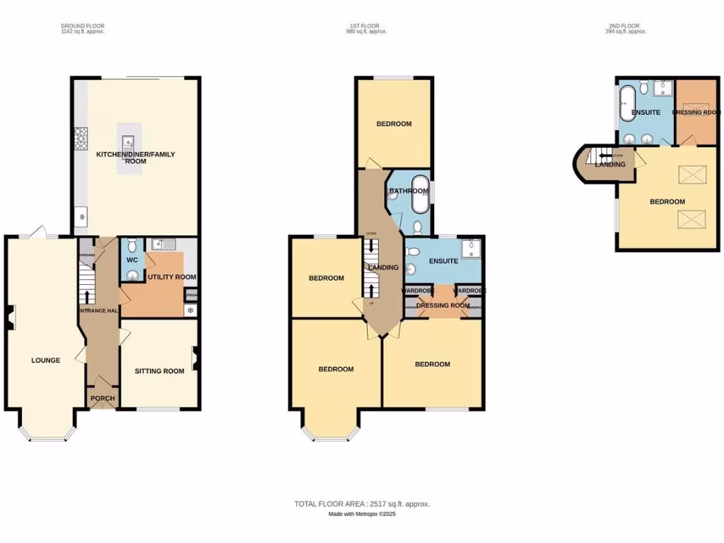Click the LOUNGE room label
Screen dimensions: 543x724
pos(45,360)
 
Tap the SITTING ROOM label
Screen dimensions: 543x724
pos(160,370)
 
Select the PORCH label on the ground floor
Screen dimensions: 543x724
pos(103,398)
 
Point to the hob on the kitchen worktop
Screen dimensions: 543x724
pos(81,134)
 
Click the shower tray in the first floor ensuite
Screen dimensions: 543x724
pos(470,249)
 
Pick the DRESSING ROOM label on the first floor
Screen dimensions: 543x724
pos(443,305)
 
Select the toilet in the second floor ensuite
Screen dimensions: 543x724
pos(644,87)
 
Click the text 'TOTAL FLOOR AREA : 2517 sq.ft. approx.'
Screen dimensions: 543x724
pos(362,504)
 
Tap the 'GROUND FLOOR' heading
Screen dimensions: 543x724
pos(83,26)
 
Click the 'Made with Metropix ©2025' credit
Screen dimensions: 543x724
pos(362,514)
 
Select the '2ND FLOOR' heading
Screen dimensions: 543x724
pos(627,26)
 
